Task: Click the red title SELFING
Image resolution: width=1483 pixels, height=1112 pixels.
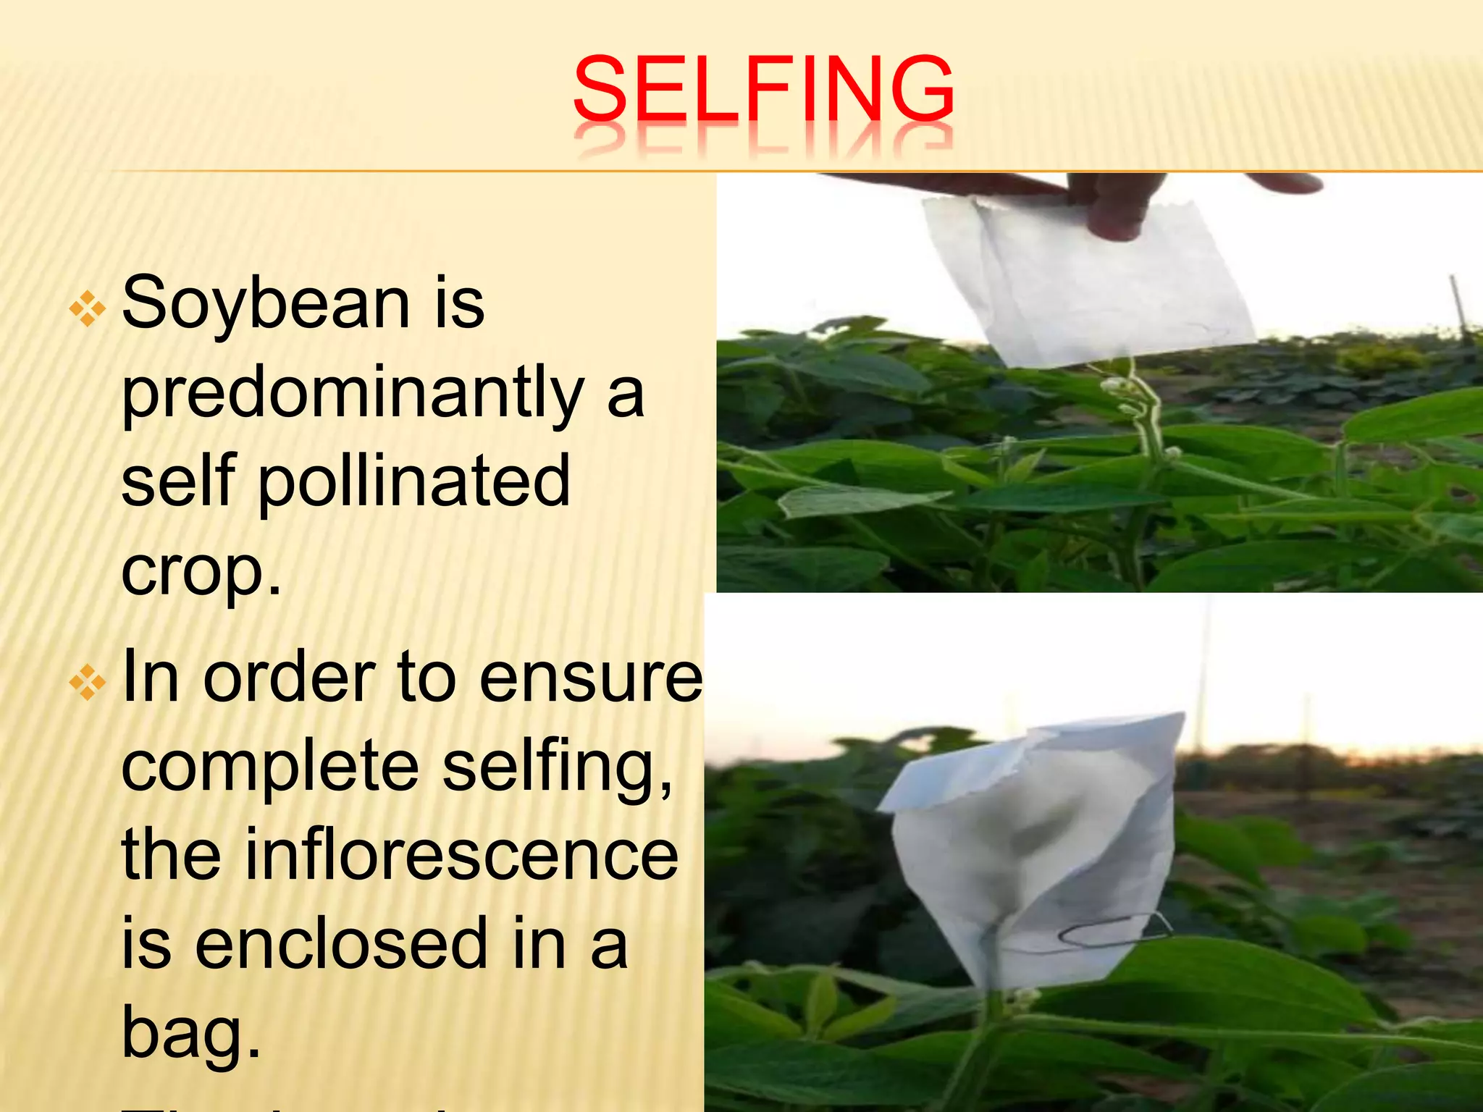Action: (762, 90)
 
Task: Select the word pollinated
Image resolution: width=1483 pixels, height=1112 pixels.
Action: (414, 481)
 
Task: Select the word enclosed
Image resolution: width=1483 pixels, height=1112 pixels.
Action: (341, 943)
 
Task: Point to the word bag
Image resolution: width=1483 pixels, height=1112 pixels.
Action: (190, 1033)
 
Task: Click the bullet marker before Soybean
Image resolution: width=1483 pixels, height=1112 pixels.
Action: (88, 309)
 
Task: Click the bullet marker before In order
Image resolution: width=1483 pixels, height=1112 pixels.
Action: (88, 683)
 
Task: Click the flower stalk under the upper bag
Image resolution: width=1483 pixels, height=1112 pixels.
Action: (1144, 420)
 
